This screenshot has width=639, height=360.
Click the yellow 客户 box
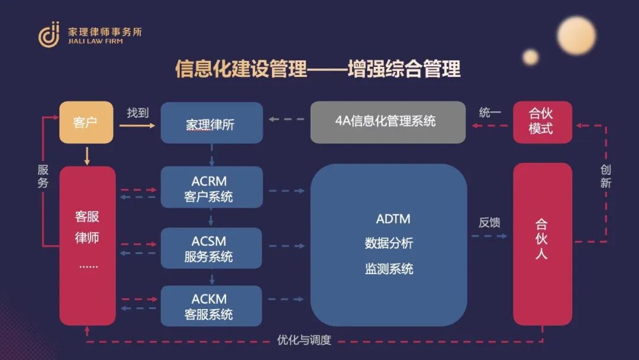coord(86,123)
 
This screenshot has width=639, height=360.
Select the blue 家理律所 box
coord(211,123)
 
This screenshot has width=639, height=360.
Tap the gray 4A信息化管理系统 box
coord(388,122)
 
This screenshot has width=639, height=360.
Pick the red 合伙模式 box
coord(542,122)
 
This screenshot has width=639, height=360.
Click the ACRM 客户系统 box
coord(211,187)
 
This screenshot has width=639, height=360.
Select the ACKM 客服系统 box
coord(211,306)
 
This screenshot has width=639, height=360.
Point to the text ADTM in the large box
coord(393,219)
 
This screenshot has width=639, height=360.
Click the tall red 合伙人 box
coord(542,244)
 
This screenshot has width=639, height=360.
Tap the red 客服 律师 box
coord(87,245)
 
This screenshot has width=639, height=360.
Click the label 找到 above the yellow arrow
coord(137,112)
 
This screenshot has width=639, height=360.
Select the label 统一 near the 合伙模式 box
coord(490,112)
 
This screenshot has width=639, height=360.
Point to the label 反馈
coord(489,223)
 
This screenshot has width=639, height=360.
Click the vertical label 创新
coord(605,176)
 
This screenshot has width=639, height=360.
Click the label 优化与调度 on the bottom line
coord(304,340)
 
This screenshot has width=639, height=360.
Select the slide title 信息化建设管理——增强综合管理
coord(318,69)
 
